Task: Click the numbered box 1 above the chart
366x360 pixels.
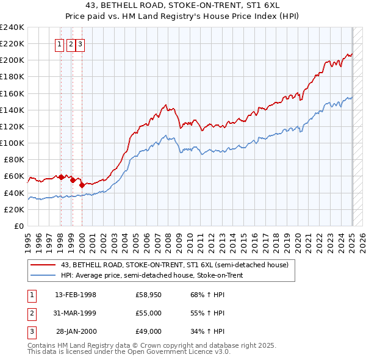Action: [x=60, y=43]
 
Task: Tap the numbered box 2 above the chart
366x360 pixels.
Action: [x=71, y=43]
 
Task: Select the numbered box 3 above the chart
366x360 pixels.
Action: [x=81, y=43]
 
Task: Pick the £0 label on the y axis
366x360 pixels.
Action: [x=19, y=226]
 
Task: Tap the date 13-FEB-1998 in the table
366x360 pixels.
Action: [x=75, y=295]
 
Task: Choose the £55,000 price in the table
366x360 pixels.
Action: [x=148, y=313]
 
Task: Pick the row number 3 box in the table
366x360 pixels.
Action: [x=31, y=331]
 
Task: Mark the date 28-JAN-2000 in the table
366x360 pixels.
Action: [x=76, y=331]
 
